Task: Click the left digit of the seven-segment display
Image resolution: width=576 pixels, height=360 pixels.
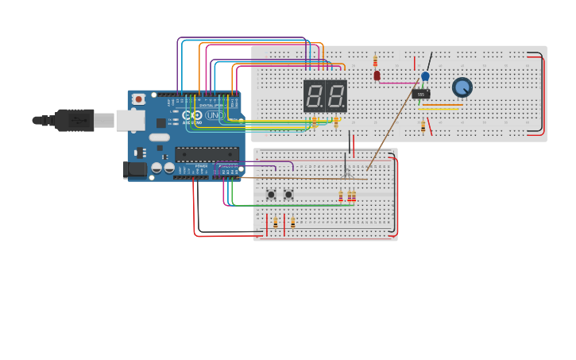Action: click(x=314, y=96)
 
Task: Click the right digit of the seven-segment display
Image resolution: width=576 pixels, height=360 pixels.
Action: click(x=336, y=96)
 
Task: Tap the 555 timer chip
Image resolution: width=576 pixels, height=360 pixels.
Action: click(x=421, y=94)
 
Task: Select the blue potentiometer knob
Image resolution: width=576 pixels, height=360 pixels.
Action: click(x=462, y=87)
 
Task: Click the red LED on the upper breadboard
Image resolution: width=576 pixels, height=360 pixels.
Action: click(x=377, y=75)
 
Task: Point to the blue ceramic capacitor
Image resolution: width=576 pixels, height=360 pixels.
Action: click(x=425, y=76)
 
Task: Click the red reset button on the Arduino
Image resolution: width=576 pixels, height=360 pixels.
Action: click(x=139, y=99)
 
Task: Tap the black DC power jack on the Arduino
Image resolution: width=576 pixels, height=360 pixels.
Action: click(x=135, y=169)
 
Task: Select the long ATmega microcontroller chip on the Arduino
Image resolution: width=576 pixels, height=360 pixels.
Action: click(x=207, y=154)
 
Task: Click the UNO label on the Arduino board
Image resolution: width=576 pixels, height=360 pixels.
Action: click(x=215, y=115)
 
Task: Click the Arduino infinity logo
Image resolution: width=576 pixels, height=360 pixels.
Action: click(x=192, y=115)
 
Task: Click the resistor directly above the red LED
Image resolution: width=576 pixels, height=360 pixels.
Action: click(x=375, y=61)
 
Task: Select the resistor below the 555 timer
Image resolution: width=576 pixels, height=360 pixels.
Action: click(x=423, y=125)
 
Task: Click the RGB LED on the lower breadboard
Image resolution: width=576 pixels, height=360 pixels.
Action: click(x=346, y=172)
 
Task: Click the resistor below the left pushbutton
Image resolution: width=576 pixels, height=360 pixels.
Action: click(x=276, y=223)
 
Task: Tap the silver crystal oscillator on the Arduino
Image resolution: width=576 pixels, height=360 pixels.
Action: click(x=160, y=137)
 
